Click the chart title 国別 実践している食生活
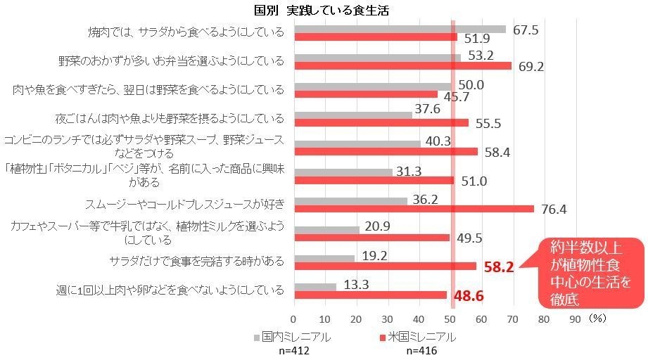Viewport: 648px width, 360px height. coord(323,11)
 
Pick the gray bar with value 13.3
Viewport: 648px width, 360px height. coord(315,286)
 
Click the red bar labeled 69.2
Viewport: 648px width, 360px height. coord(402,65)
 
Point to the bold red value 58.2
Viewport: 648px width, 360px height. coord(499,266)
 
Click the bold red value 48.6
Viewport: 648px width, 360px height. coord(468,297)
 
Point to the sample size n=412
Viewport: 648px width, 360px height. coord(289,352)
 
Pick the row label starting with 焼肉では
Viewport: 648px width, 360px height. coord(186,32)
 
